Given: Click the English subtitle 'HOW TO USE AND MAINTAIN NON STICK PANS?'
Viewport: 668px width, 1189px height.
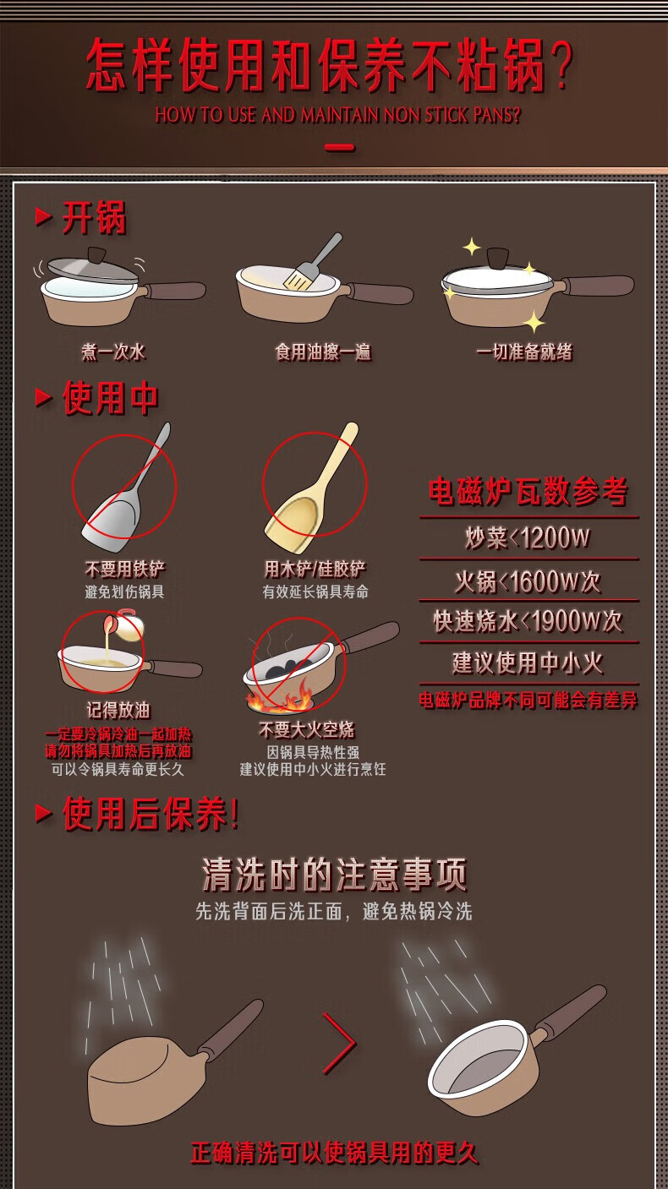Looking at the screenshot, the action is point(337,115).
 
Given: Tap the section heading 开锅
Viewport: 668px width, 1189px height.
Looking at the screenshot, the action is point(95,218).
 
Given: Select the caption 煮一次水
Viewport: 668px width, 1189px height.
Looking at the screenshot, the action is point(113,352).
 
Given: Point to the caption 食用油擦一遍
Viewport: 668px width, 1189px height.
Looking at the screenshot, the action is point(323,352).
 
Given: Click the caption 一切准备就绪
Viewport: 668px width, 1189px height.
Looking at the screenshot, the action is point(524,352).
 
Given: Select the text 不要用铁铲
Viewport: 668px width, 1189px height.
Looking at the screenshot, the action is point(125,569).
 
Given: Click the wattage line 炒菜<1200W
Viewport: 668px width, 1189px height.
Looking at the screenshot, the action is point(528,537).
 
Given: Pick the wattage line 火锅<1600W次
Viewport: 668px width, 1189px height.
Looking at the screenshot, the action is point(528,581).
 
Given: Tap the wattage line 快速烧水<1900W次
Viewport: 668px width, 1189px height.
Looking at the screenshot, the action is point(528,621).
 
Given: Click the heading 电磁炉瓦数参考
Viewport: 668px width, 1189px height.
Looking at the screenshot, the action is point(528,492).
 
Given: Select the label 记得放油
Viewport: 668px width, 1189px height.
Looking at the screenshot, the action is point(118,710).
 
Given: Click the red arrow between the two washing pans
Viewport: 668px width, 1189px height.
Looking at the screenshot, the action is point(339,1043).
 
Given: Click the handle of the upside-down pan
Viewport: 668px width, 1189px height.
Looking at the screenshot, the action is point(231,1027).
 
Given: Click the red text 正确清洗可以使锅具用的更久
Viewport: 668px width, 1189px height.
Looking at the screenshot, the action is point(335,1153).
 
